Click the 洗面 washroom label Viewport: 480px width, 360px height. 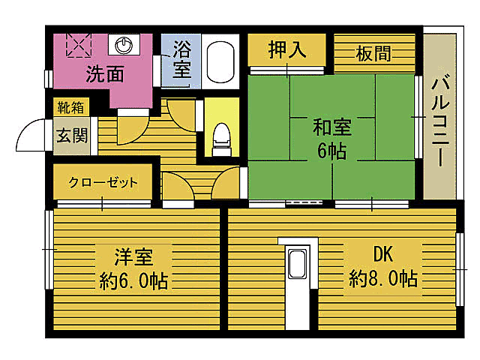[x=104, y=74]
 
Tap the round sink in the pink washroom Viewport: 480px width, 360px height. [x=123, y=45]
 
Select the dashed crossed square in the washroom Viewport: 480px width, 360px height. [x=78, y=44]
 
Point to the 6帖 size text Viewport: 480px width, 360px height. [x=331, y=151]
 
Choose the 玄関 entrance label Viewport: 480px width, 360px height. [x=71, y=136]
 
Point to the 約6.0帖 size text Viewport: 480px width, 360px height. [x=133, y=281]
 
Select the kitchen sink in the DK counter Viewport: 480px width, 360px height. [x=297, y=265]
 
